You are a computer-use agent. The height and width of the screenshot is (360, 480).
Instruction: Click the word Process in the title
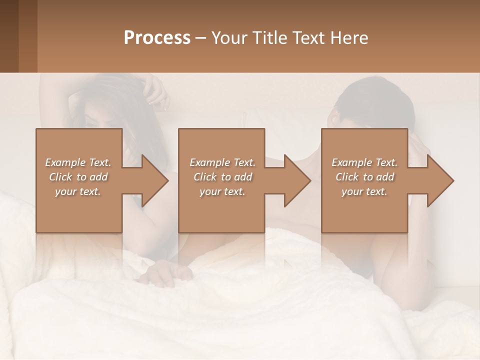(157, 38)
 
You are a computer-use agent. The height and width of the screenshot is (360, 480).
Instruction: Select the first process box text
(78, 177)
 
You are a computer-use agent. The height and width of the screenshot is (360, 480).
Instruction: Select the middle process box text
(222, 177)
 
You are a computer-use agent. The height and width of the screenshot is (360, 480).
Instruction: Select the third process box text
(364, 177)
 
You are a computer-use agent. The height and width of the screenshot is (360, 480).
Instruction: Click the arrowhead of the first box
(155, 180)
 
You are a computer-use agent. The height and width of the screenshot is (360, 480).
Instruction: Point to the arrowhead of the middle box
(297, 180)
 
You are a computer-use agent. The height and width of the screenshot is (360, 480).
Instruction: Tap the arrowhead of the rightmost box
(440, 180)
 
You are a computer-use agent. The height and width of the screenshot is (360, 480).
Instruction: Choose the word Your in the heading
(228, 38)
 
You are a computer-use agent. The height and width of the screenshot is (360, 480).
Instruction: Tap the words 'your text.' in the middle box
(222, 191)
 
